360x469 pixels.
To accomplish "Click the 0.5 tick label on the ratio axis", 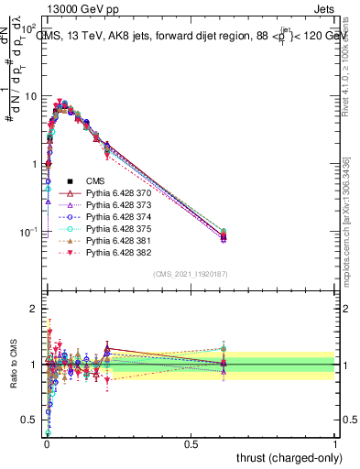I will (31, 420).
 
